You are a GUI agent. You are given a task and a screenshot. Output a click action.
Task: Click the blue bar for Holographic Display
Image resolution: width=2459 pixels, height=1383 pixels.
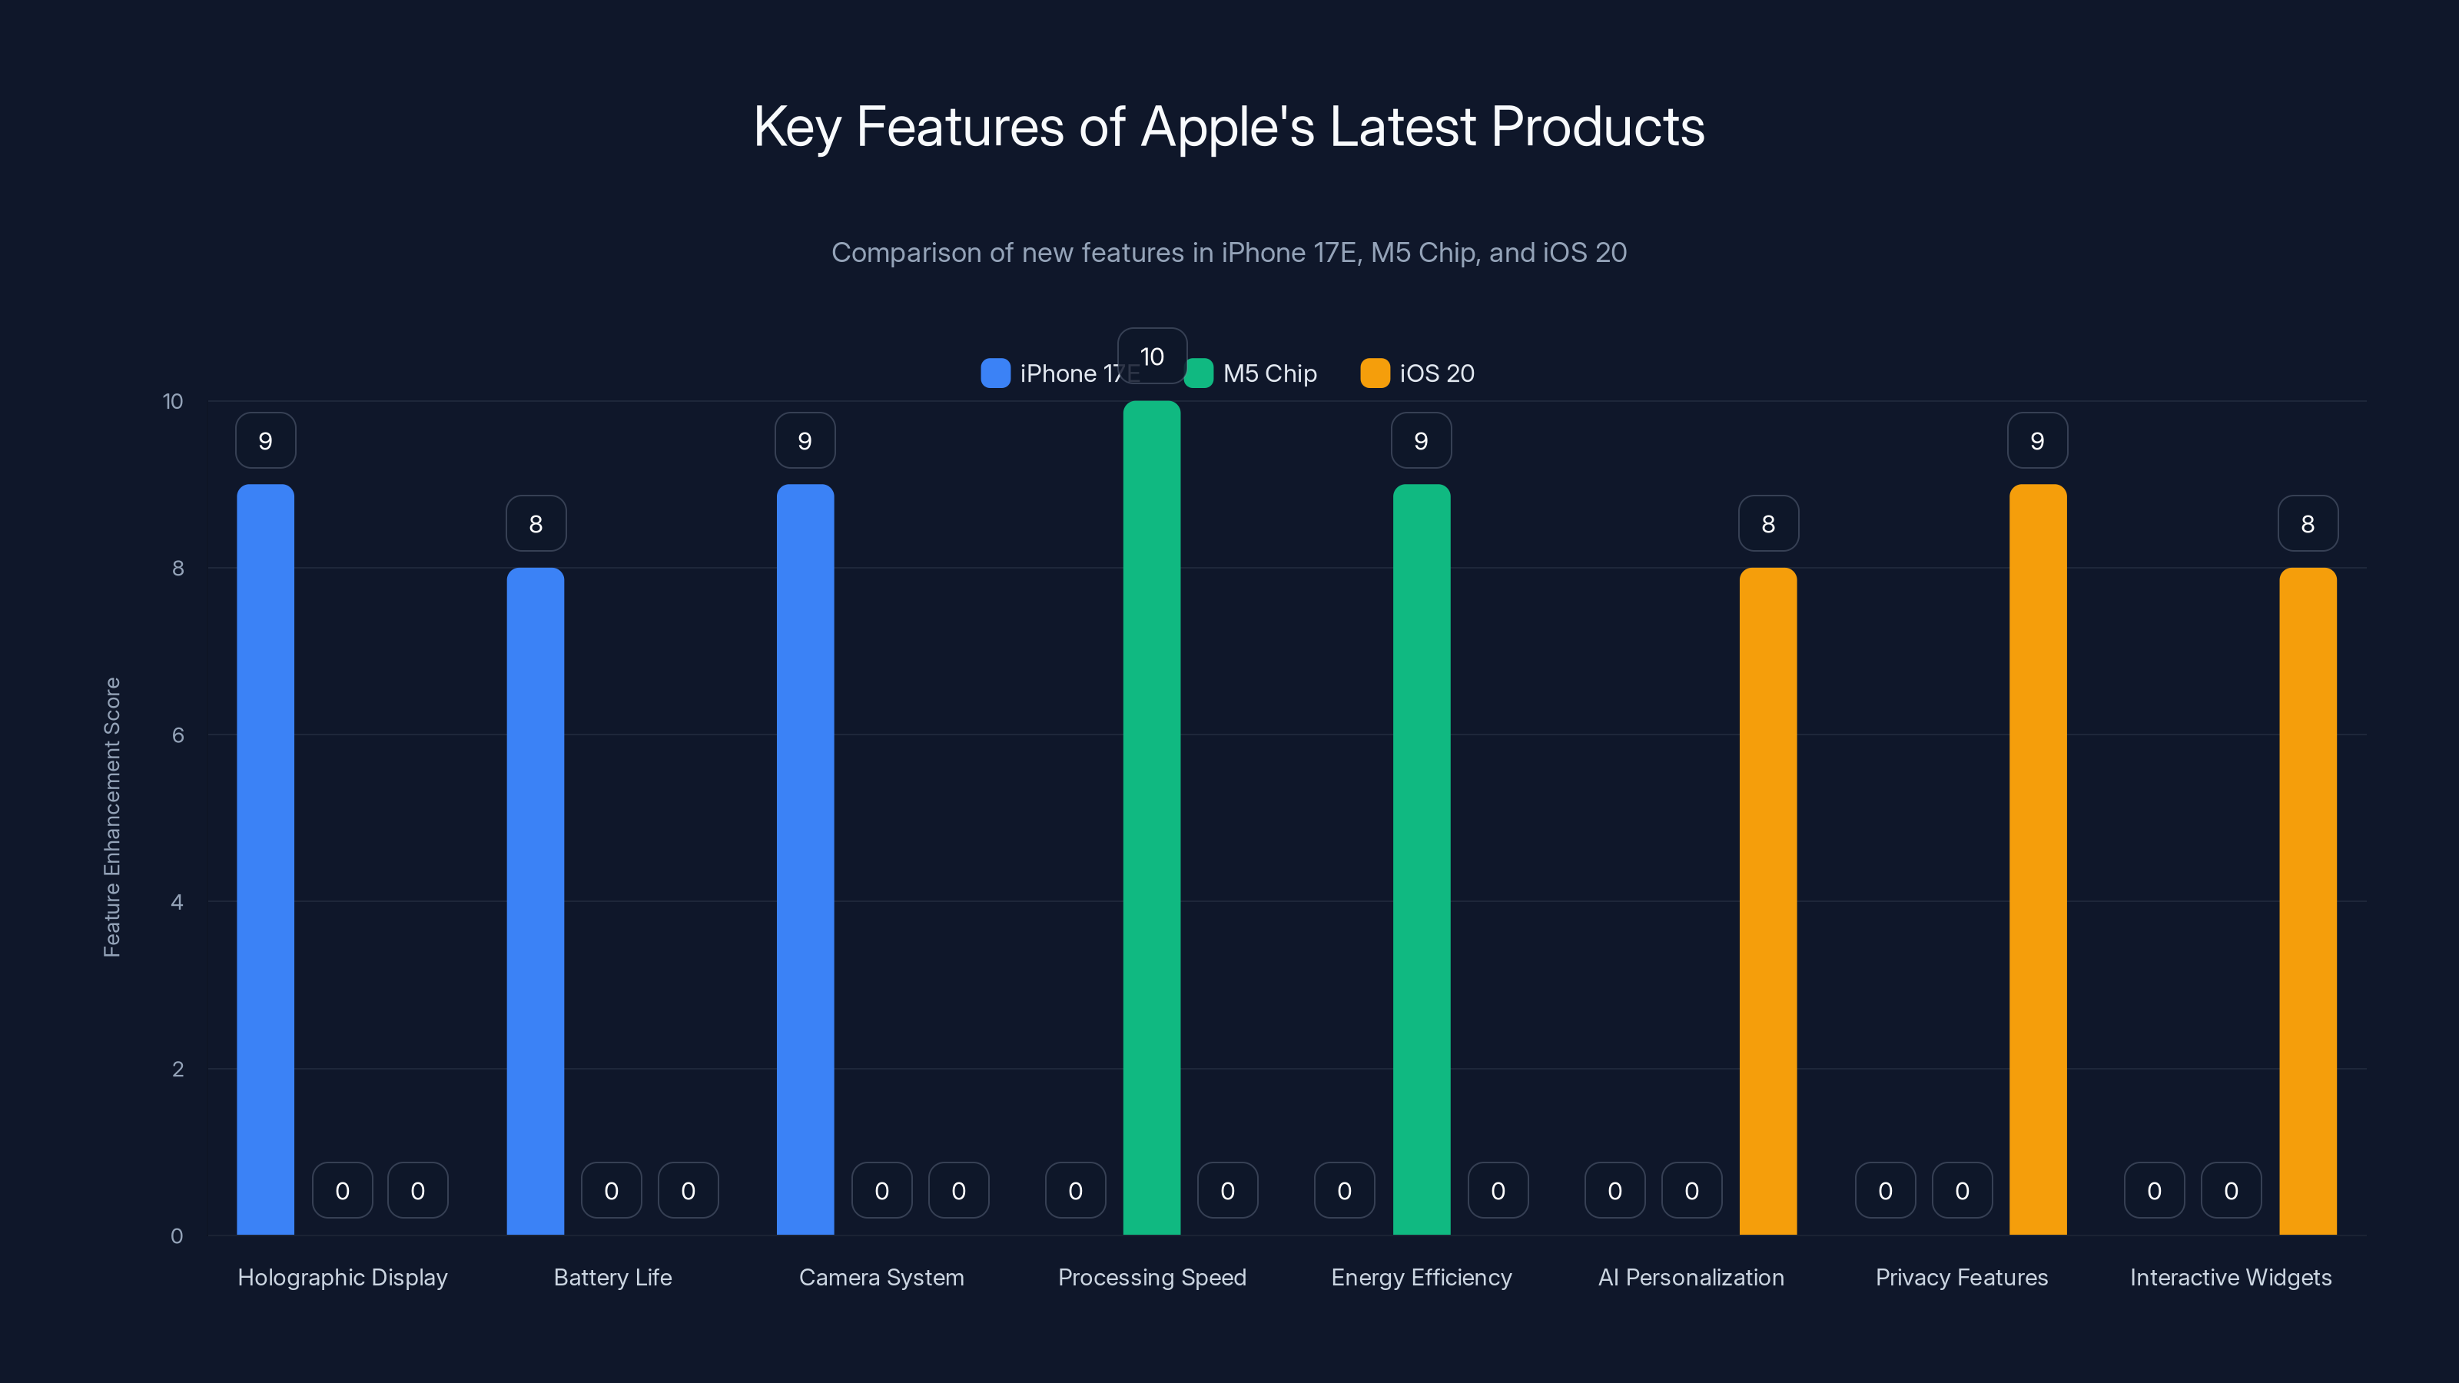coord(265,859)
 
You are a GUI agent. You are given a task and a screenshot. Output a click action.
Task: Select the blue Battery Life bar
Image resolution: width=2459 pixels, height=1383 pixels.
coord(536,901)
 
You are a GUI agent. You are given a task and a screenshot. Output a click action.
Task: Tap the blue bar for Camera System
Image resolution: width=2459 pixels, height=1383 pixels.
coord(805,859)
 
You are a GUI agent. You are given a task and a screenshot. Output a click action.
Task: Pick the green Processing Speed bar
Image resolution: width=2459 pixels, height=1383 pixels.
coord(1151,818)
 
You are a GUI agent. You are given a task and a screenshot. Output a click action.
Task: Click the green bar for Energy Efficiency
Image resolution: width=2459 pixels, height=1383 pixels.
coord(1422,859)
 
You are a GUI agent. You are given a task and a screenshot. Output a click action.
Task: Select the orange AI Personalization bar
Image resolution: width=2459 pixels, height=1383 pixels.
coord(1768,901)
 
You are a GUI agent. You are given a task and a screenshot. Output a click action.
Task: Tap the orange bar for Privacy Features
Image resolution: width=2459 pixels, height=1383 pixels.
coord(2037,859)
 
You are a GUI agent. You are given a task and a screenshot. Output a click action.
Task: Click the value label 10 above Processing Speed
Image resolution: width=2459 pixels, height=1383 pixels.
coord(1151,356)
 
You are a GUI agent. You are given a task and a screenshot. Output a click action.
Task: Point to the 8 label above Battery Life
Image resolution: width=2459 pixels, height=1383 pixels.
coord(536,523)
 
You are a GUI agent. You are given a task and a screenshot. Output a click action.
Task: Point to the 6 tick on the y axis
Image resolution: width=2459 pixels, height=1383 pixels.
coord(178,735)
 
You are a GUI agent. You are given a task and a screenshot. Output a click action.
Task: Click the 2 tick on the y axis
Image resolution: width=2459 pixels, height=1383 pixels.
coord(178,1069)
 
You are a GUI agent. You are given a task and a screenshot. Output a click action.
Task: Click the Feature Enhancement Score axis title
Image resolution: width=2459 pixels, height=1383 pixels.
coord(111,817)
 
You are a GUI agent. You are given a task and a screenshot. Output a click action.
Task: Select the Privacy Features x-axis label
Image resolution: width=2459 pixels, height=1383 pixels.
coord(1961,1277)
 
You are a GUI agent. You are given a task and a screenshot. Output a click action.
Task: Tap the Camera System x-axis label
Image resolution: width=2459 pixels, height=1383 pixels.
coord(881,1277)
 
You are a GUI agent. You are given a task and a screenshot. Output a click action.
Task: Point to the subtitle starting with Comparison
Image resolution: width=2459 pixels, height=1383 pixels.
coord(1229,252)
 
